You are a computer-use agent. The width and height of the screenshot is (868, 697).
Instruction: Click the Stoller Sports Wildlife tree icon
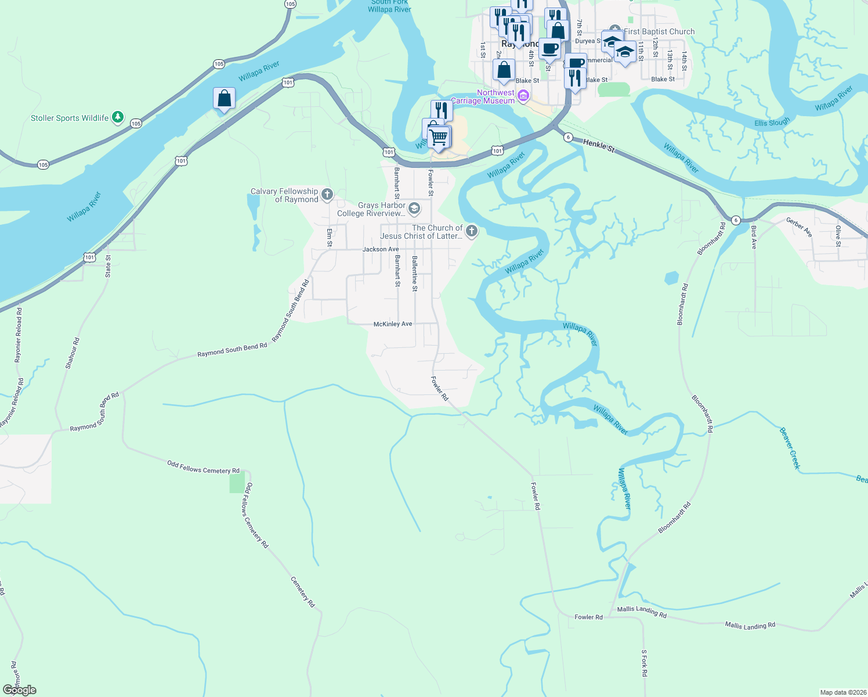point(118,117)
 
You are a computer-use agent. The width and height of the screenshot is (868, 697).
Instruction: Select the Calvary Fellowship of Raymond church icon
point(327,195)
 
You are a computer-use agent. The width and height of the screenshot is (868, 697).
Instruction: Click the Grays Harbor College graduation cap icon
point(414,209)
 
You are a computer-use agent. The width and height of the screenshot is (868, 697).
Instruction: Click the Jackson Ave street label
point(381,249)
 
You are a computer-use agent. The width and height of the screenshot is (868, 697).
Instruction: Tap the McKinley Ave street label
point(393,324)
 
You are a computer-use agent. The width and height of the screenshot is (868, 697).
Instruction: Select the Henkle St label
point(598,145)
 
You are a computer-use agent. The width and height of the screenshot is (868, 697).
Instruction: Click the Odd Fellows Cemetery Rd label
point(203,467)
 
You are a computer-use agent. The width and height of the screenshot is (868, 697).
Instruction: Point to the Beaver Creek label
point(790,448)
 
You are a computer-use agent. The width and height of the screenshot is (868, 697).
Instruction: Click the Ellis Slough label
point(772,123)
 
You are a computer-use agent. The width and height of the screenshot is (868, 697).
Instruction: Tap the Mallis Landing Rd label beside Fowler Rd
point(642,611)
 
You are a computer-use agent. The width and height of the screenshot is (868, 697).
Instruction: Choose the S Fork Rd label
point(644,663)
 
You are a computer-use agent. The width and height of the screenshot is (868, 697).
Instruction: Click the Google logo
point(20,690)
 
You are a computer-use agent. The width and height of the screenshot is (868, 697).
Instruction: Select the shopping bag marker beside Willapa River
point(224,99)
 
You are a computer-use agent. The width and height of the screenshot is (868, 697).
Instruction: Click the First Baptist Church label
point(659,31)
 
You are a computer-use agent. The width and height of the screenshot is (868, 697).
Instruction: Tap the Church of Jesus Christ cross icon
point(472,232)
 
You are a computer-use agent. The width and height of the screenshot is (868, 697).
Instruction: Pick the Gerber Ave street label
point(799,227)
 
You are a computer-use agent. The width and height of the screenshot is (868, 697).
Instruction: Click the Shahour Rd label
point(73,353)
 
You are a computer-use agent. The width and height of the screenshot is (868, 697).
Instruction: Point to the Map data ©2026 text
point(841,692)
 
